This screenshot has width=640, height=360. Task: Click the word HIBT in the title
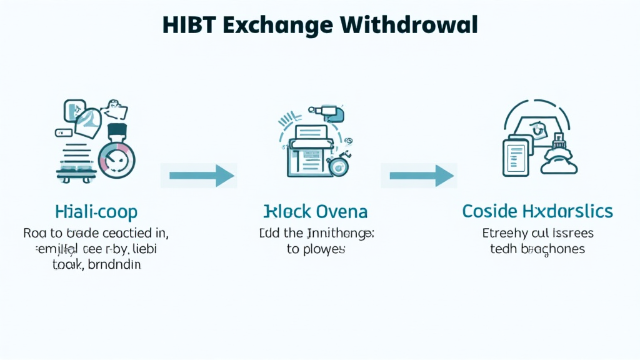(186, 24)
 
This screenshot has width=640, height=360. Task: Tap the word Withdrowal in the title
(410, 24)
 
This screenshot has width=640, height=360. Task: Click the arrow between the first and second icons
(199, 176)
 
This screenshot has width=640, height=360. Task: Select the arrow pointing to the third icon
(421, 176)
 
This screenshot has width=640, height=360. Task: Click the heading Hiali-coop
(96, 211)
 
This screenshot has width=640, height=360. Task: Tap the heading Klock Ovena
(316, 211)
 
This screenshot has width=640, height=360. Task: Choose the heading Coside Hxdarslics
(537, 211)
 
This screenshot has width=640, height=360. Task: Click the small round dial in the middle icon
(339, 166)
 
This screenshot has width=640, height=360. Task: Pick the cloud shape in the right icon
(558, 164)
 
